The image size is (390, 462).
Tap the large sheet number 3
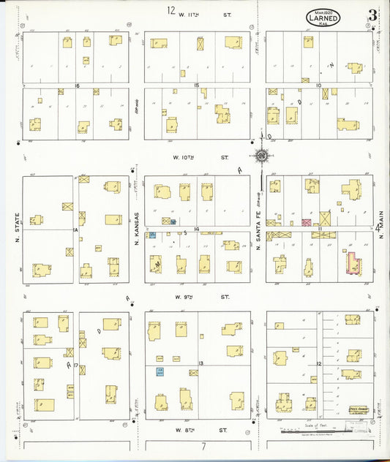(373, 15)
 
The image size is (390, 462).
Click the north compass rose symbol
(260, 154)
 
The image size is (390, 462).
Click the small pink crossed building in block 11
(307, 221)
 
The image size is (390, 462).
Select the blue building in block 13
(159, 372)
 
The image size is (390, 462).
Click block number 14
(197, 230)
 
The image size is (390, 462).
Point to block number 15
(196, 86)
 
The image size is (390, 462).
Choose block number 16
(76, 86)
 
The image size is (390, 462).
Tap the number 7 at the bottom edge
(195, 445)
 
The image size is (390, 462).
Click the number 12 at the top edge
(171, 10)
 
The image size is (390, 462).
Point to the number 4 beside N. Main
(378, 228)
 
